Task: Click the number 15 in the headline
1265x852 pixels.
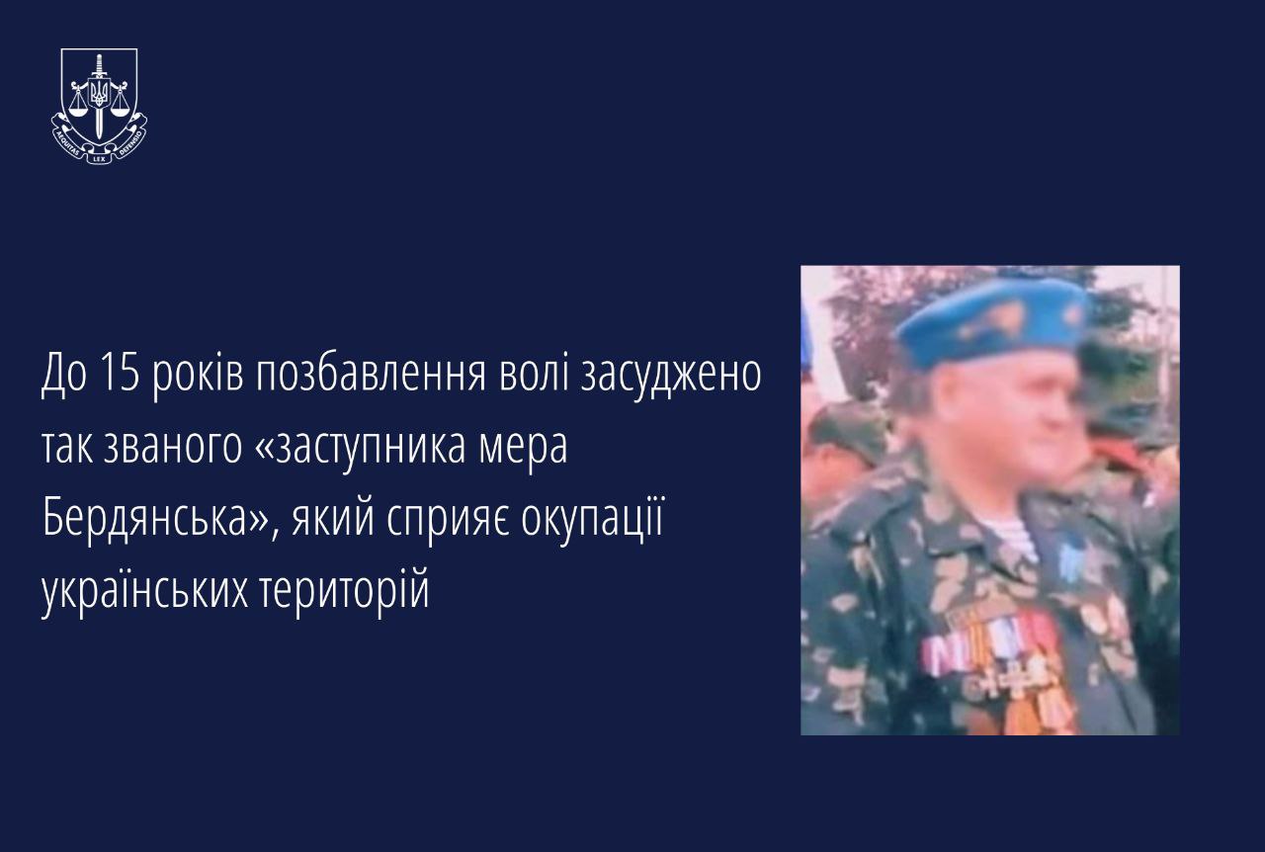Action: pyautogui.click(x=120, y=374)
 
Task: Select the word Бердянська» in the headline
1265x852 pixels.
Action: pyautogui.click(x=155, y=518)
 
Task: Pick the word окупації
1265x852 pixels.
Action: pyautogui.click(x=592, y=519)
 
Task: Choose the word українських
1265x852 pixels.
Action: pyautogui.click(x=144, y=590)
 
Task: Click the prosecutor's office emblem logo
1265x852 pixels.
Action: pyautogui.click(x=100, y=106)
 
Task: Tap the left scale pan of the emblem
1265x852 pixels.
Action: pyautogui.click(x=78, y=110)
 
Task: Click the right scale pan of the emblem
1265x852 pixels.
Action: pyautogui.click(x=121, y=110)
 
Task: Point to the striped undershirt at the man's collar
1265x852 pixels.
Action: pyautogui.click(x=1014, y=536)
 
